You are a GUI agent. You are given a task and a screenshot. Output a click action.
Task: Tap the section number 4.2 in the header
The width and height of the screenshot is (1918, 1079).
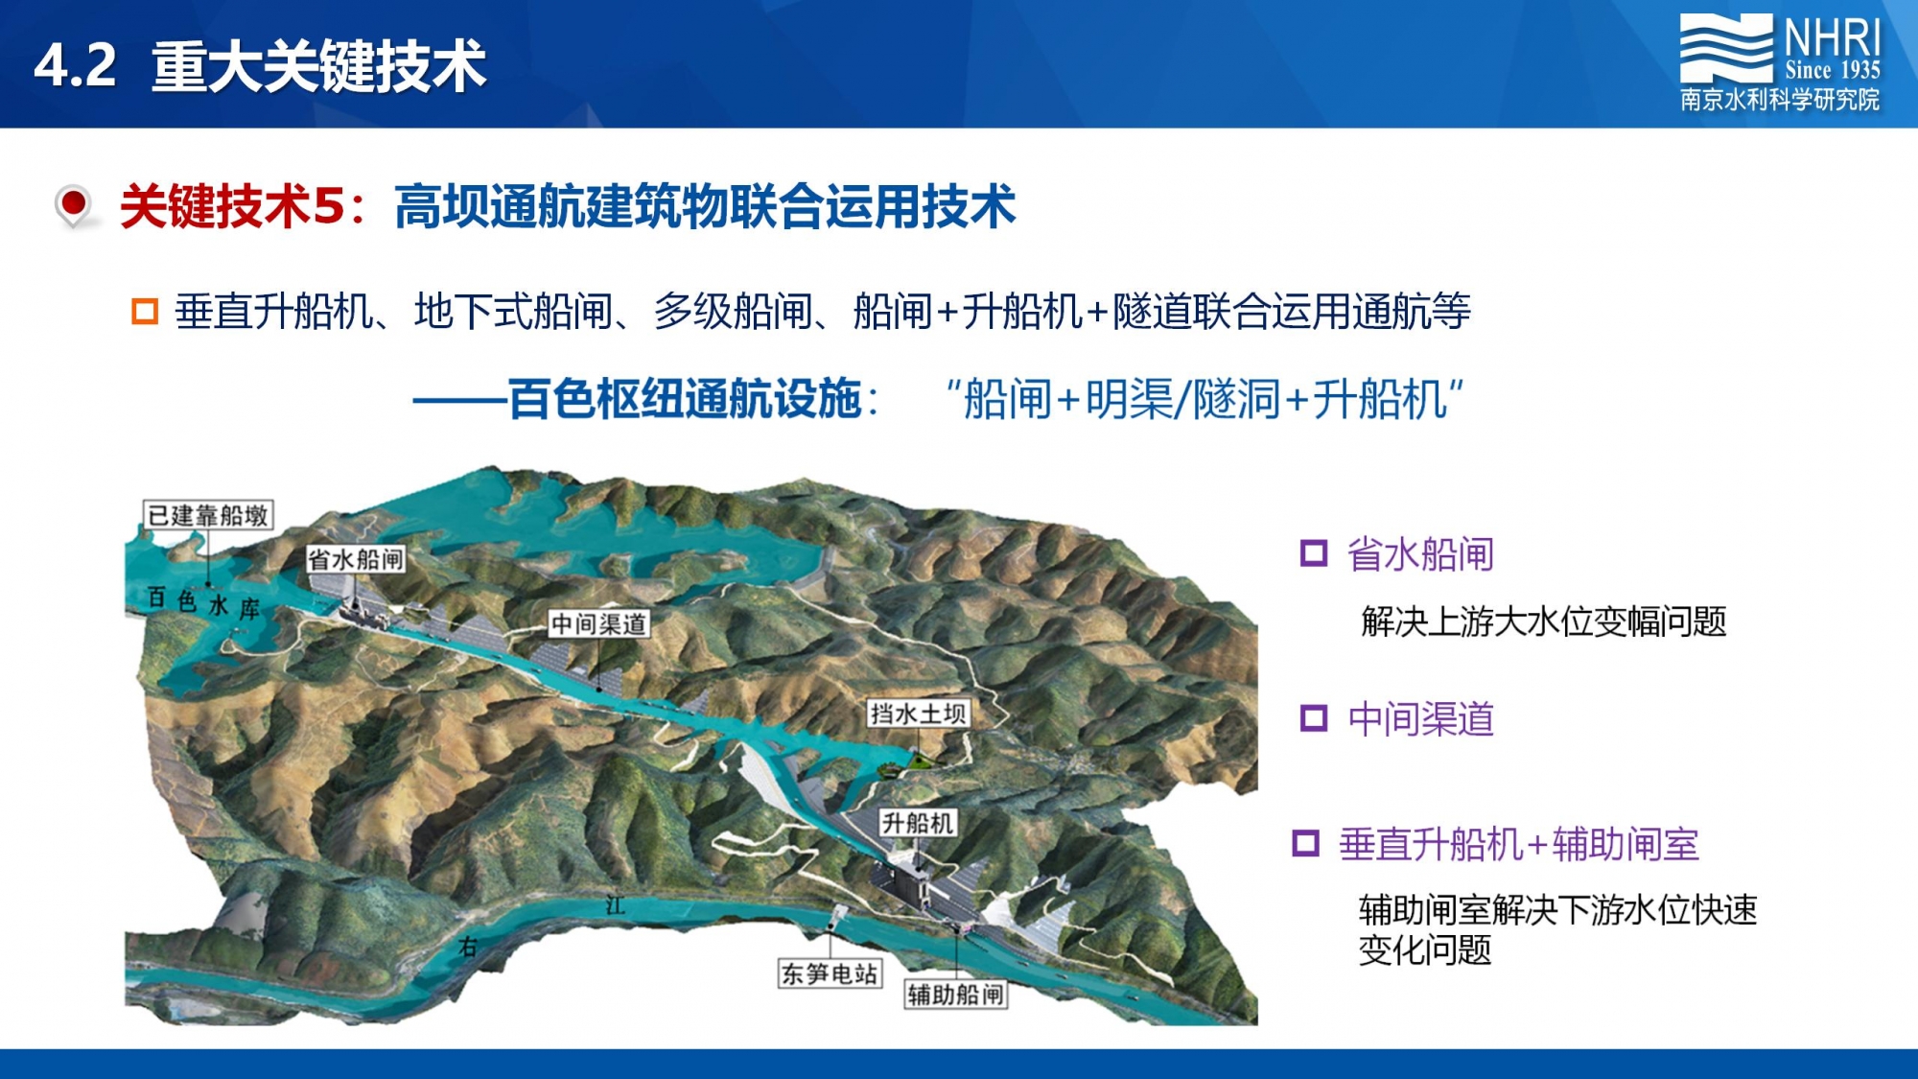click(x=75, y=66)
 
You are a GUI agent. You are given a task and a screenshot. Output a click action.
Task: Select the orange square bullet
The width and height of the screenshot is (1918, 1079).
click(x=145, y=312)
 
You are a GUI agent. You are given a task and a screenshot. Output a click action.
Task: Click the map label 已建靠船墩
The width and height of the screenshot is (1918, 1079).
click(x=208, y=515)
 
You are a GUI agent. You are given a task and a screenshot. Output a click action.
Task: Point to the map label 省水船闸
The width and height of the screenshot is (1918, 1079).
click(x=356, y=559)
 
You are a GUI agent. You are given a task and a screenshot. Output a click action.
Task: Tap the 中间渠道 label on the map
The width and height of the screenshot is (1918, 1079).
click(x=599, y=624)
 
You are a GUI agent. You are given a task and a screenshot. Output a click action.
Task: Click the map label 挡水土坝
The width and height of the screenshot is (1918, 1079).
click(x=918, y=714)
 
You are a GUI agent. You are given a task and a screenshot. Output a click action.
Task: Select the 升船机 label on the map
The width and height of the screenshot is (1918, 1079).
click(x=918, y=823)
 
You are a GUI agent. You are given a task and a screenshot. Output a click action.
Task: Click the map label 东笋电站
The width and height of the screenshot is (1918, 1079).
click(x=830, y=973)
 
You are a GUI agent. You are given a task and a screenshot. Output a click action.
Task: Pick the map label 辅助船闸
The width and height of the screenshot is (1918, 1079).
click(x=956, y=995)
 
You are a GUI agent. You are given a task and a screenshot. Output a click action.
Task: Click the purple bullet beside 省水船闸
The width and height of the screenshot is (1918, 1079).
click(x=1313, y=553)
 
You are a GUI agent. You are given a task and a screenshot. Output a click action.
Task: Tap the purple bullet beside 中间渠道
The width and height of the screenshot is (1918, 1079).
click(x=1313, y=718)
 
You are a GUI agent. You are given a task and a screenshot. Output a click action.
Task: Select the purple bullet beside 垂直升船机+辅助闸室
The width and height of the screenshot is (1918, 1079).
click(x=1305, y=844)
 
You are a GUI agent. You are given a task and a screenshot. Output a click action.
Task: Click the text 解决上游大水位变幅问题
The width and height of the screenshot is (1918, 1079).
click(x=1543, y=622)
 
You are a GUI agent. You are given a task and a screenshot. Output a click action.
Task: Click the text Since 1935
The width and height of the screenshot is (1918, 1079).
click(x=1832, y=70)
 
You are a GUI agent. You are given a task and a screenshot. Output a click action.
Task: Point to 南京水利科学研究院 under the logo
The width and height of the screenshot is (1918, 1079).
click(x=1780, y=100)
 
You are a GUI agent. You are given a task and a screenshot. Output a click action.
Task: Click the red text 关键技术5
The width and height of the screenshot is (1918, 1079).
click(x=231, y=206)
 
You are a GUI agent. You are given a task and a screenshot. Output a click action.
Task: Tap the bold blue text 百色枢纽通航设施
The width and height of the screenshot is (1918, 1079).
click(x=685, y=399)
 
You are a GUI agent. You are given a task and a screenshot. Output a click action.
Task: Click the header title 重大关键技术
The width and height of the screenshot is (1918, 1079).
click(x=319, y=67)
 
